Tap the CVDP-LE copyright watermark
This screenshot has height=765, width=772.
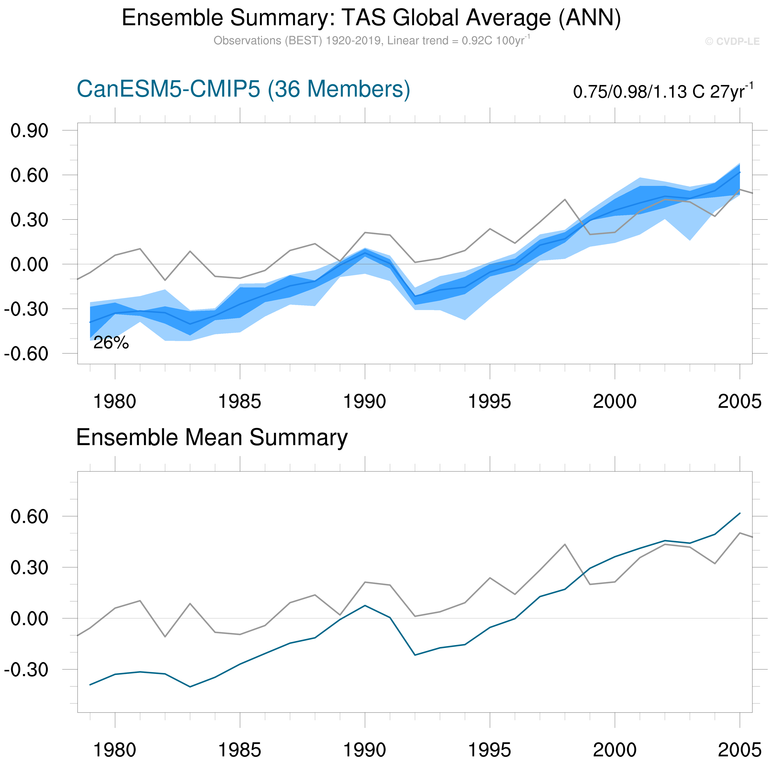(x=732, y=42)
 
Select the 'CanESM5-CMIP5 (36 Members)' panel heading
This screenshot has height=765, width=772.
(x=243, y=89)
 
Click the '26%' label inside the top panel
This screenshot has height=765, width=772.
(x=111, y=343)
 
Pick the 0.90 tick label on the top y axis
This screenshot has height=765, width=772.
(x=29, y=131)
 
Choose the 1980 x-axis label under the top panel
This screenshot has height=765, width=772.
(x=115, y=401)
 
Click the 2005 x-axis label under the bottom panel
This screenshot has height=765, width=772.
(x=739, y=750)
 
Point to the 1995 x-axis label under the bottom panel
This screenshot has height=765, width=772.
(x=489, y=750)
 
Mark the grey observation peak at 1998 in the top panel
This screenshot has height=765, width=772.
(x=565, y=199)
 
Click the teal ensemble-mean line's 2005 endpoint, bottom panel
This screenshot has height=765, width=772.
(x=740, y=513)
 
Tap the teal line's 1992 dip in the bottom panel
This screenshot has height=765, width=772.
(x=415, y=655)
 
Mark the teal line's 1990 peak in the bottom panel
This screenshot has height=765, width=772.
(x=365, y=605)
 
